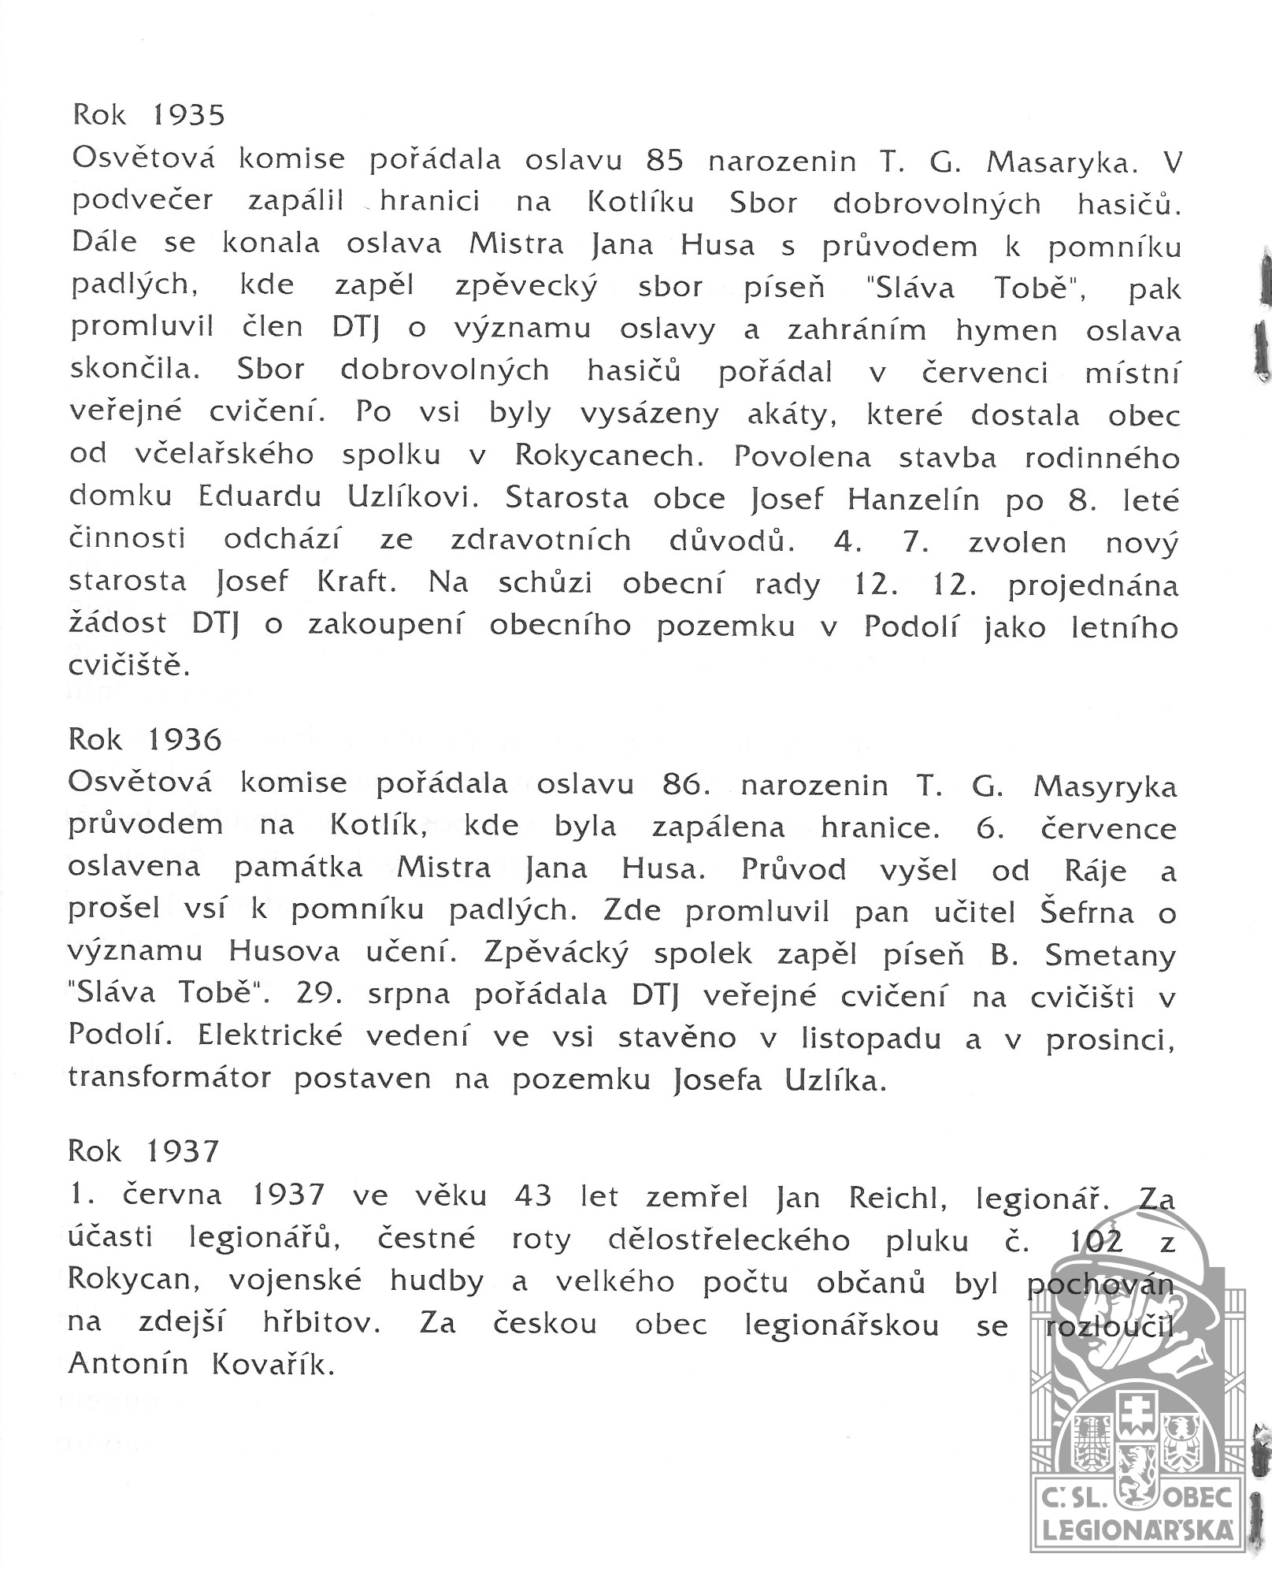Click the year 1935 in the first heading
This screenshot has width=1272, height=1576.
[188, 115]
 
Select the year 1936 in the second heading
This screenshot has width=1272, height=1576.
[185, 740]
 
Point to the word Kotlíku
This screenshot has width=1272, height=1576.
[640, 203]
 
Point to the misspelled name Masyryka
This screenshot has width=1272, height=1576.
[1104, 786]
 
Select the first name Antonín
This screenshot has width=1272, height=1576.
[128, 1363]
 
